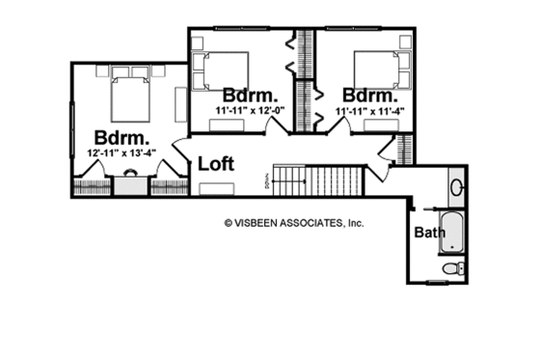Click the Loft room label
[x=217, y=163]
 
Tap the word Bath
[x=429, y=233]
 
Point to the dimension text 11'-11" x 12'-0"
[x=251, y=112]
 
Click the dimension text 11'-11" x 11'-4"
[x=369, y=112]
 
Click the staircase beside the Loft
[x=318, y=179]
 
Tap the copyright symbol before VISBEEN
[x=229, y=221]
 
